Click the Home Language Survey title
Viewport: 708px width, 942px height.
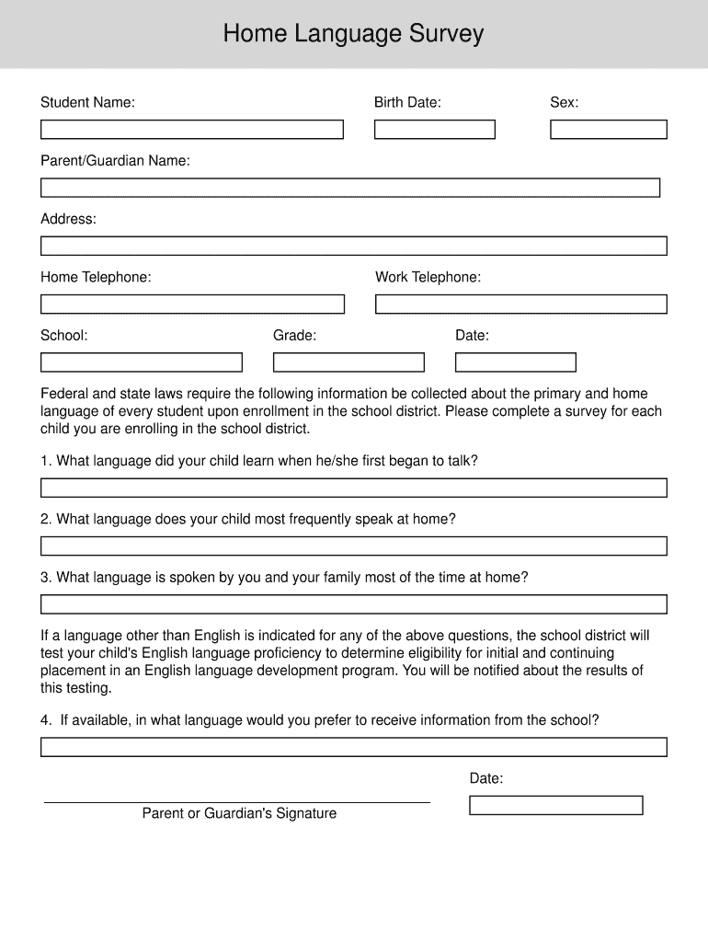353,35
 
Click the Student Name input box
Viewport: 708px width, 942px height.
191,130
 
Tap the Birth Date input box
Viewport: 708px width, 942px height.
434,130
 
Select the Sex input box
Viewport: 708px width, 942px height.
608,130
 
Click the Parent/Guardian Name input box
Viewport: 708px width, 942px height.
349,188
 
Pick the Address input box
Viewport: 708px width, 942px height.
353,246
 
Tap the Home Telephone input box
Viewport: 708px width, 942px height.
191,304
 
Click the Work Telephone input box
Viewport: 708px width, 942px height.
520,304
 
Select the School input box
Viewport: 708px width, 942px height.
141,362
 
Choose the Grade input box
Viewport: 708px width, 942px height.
348,362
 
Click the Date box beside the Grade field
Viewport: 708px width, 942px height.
515,362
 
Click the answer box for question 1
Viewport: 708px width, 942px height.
353,488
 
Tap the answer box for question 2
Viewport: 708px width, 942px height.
353,546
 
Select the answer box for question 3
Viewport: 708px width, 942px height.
353,604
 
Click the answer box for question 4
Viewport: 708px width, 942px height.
353,747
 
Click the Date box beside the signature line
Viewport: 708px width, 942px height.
555,805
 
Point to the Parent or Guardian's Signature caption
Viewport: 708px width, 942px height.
239,813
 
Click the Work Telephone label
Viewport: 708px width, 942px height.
428,277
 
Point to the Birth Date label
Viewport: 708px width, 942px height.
407,102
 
